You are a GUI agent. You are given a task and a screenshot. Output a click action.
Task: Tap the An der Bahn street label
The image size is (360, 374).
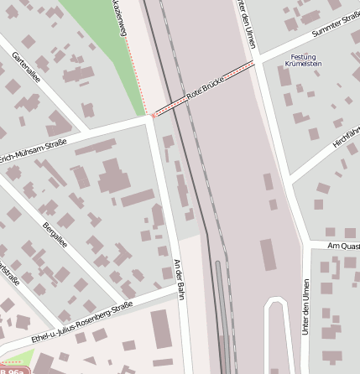(177, 275)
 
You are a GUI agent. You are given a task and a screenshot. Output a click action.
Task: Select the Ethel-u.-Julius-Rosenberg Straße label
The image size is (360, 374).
(81, 319)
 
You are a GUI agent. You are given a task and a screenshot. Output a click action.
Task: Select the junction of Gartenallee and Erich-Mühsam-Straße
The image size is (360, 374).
(86, 133)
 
